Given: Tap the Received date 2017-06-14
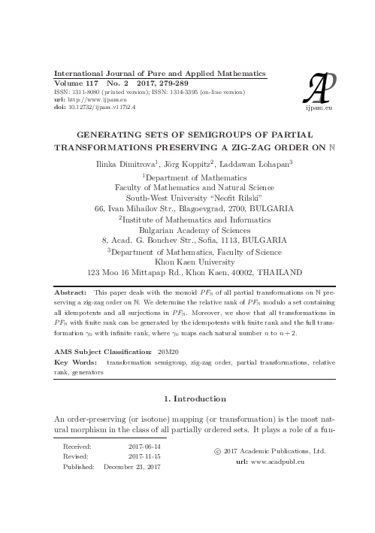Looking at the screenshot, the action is (145, 447).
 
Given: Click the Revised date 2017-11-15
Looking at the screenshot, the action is (145, 457).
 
